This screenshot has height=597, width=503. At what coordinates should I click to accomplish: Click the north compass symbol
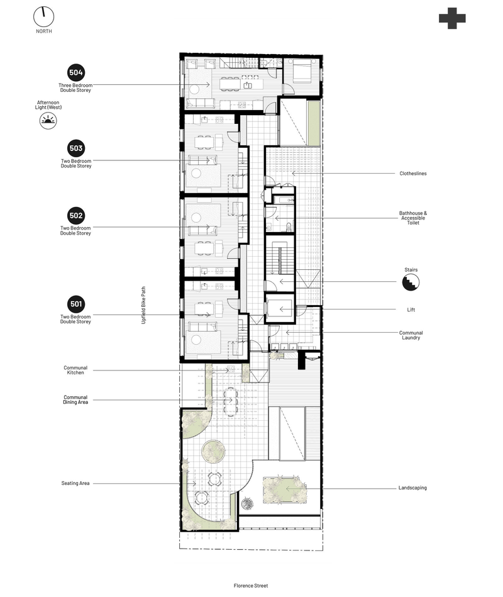point(44,17)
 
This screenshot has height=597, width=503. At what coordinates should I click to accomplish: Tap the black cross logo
point(452,18)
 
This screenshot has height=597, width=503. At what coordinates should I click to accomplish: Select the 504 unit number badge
point(76,73)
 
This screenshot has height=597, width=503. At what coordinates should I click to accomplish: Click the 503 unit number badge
point(76,148)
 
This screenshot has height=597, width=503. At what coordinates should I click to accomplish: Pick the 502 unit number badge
point(76,216)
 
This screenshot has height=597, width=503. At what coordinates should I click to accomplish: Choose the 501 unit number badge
point(76,304)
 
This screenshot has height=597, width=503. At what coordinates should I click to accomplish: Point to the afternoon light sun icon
point(48,121)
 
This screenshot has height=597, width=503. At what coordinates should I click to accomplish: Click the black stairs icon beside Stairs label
point(411,283)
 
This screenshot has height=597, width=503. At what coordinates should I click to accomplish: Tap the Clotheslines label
point(413,174)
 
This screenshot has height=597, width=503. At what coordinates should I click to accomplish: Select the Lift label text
point(411,310)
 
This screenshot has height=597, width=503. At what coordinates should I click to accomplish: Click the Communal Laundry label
point(411,335)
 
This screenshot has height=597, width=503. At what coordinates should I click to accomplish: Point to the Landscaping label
point(412,488)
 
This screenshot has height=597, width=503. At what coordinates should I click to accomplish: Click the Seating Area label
point(75,483)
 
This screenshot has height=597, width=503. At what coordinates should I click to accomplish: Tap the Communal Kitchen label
point(75,370)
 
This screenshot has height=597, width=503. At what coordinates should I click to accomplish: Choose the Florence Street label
point(251,586)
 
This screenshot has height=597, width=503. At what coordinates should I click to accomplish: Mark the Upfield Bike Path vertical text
point(143,305)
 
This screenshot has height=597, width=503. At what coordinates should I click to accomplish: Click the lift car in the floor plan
point(280,309)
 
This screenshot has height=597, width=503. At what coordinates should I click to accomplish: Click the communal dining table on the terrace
point(229,400)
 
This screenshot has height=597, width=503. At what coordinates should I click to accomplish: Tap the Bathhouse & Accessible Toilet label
point(413,218)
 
